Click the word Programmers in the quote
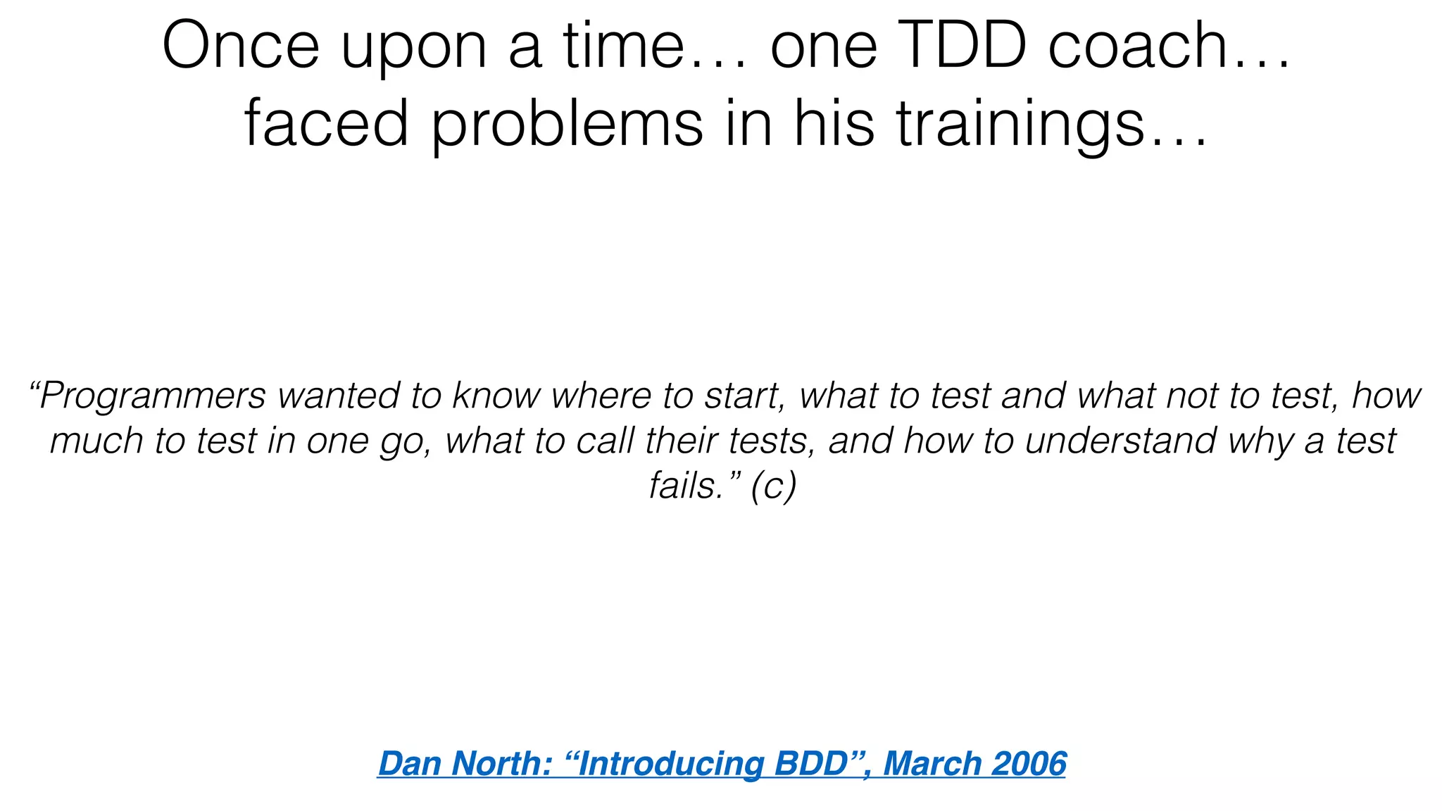pos(152,396)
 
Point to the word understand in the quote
pos(1120,441)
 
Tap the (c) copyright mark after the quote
pos(773,486)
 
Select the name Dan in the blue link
pos(409,764)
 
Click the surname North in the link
pos(501,764)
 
